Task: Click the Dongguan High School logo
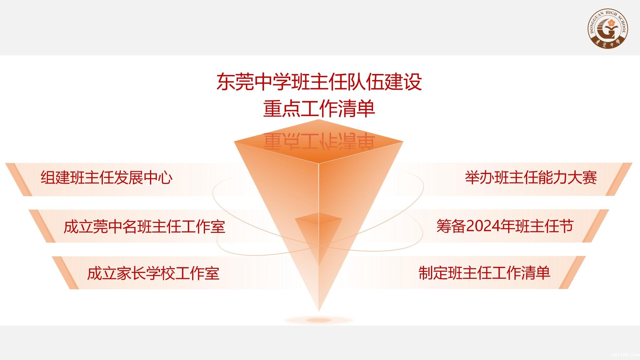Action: pyautogui.click(x=608, y=28)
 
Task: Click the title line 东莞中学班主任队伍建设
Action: pyautogui.click(x=319, y=82)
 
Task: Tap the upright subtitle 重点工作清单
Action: pyautogui.click(x=319, y=109)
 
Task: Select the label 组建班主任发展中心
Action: pyautogui.click(x=107, y=177)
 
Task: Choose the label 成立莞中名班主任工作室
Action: pyautogui.click(x=144, y=226)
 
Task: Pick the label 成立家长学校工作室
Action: pyautogui.click(x=153, y=273)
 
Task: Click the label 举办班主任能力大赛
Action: pyautogui.click(x=531, y=177)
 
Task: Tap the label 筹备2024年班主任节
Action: pyautogui.click(x=505, y=226)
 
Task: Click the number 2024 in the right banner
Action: pyautogui.click(x=483, y=226)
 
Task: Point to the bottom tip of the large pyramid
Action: pyautogui.click(x=319, y=311)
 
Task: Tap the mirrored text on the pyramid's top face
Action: pyautogui.click(x=319, y=142)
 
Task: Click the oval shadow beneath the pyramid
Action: pyautogui.click(x=319, y=320)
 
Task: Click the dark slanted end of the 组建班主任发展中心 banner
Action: pyautogui.click(x=19, y=179)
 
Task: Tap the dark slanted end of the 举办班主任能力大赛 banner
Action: pyautogui.click(x=619, y=179)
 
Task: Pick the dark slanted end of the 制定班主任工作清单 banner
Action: pyautogui.click(x=572, y=272)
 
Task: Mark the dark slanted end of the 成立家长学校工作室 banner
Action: pyautogui.click(x=65, y=273)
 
